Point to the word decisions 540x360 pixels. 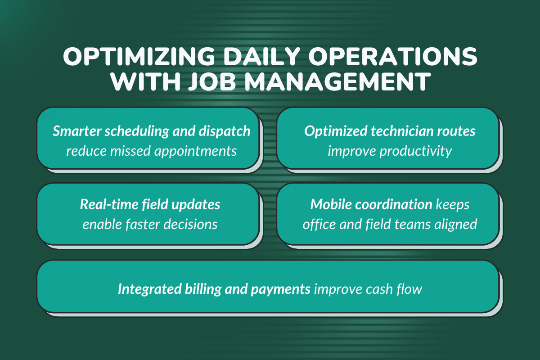[x=191, y=224]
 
